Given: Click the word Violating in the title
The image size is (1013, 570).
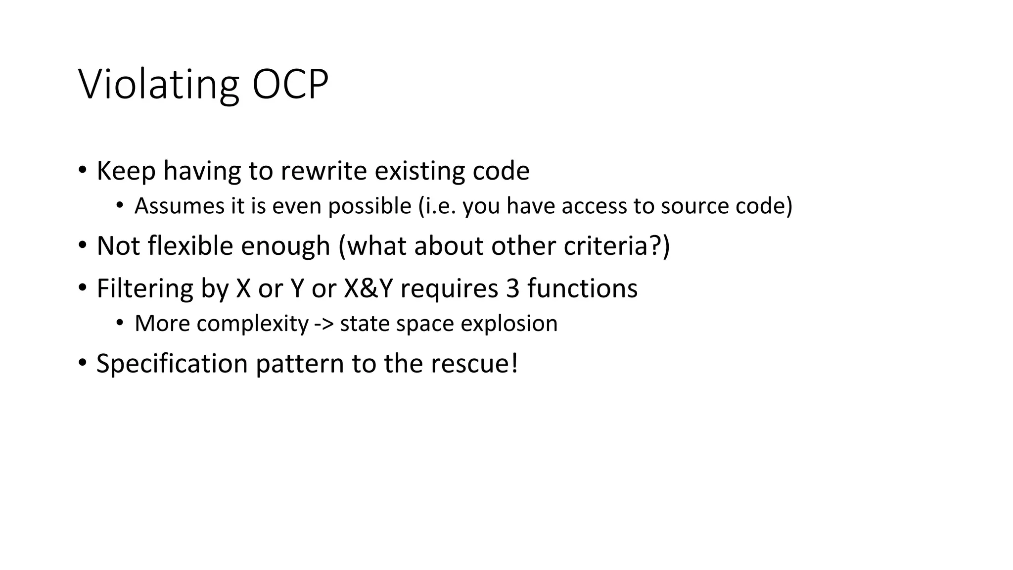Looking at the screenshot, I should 159,85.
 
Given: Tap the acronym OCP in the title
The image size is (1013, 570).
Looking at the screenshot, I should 290,85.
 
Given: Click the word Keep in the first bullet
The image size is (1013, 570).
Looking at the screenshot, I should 126,171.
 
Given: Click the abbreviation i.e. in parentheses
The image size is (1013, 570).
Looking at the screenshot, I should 437,206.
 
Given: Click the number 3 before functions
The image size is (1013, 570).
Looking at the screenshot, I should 512,289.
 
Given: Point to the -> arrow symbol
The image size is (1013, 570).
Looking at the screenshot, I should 324,324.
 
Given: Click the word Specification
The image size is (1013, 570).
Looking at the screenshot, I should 172,364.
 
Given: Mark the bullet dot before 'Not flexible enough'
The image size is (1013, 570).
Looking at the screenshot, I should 83,245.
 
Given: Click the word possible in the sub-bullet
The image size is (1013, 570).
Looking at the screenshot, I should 369,206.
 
